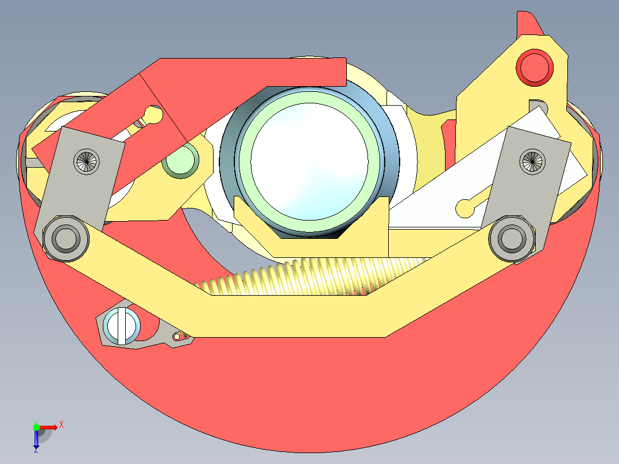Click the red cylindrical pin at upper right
coord(536,67)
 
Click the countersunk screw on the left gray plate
coord(88,161)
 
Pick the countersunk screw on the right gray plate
coord(532,161)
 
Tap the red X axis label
coord(61,424)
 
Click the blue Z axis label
coord(36,450)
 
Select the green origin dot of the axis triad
coord(36,427)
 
